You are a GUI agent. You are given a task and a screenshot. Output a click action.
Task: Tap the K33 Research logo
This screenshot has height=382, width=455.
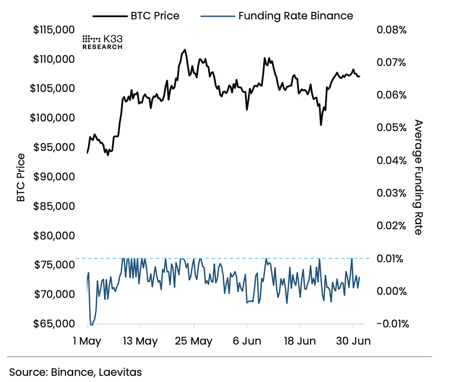103,42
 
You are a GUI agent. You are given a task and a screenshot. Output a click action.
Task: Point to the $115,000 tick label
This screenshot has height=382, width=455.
53,30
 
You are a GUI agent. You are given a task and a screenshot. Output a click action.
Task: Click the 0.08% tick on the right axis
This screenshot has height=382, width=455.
391,30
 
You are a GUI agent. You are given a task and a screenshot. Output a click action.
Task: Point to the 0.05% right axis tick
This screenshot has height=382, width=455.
391,128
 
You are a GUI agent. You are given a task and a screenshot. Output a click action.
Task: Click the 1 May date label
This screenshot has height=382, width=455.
87,342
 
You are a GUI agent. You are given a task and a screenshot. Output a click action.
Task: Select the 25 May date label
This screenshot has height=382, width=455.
194,342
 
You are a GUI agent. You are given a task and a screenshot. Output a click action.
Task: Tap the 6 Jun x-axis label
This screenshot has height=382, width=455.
247,342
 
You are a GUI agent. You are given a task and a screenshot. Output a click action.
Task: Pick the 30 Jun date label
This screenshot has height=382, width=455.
353,342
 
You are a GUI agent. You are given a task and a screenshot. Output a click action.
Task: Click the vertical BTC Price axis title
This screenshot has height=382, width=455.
21,177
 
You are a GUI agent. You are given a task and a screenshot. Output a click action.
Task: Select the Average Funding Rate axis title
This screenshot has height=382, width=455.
418,177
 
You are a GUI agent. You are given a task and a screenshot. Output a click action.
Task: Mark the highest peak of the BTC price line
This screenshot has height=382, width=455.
185,50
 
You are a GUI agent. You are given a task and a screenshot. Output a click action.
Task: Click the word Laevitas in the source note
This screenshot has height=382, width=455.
120,372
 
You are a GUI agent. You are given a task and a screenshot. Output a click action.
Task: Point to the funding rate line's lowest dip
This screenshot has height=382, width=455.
91,325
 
